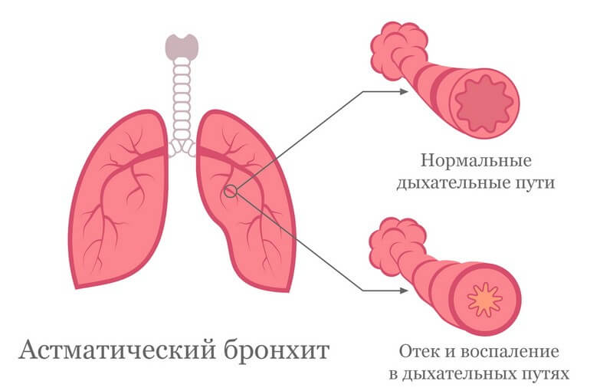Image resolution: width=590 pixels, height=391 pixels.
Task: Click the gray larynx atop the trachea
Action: [x=182, y=47]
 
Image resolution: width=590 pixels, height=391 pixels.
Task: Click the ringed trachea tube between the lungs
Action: [x=182, y=100]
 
